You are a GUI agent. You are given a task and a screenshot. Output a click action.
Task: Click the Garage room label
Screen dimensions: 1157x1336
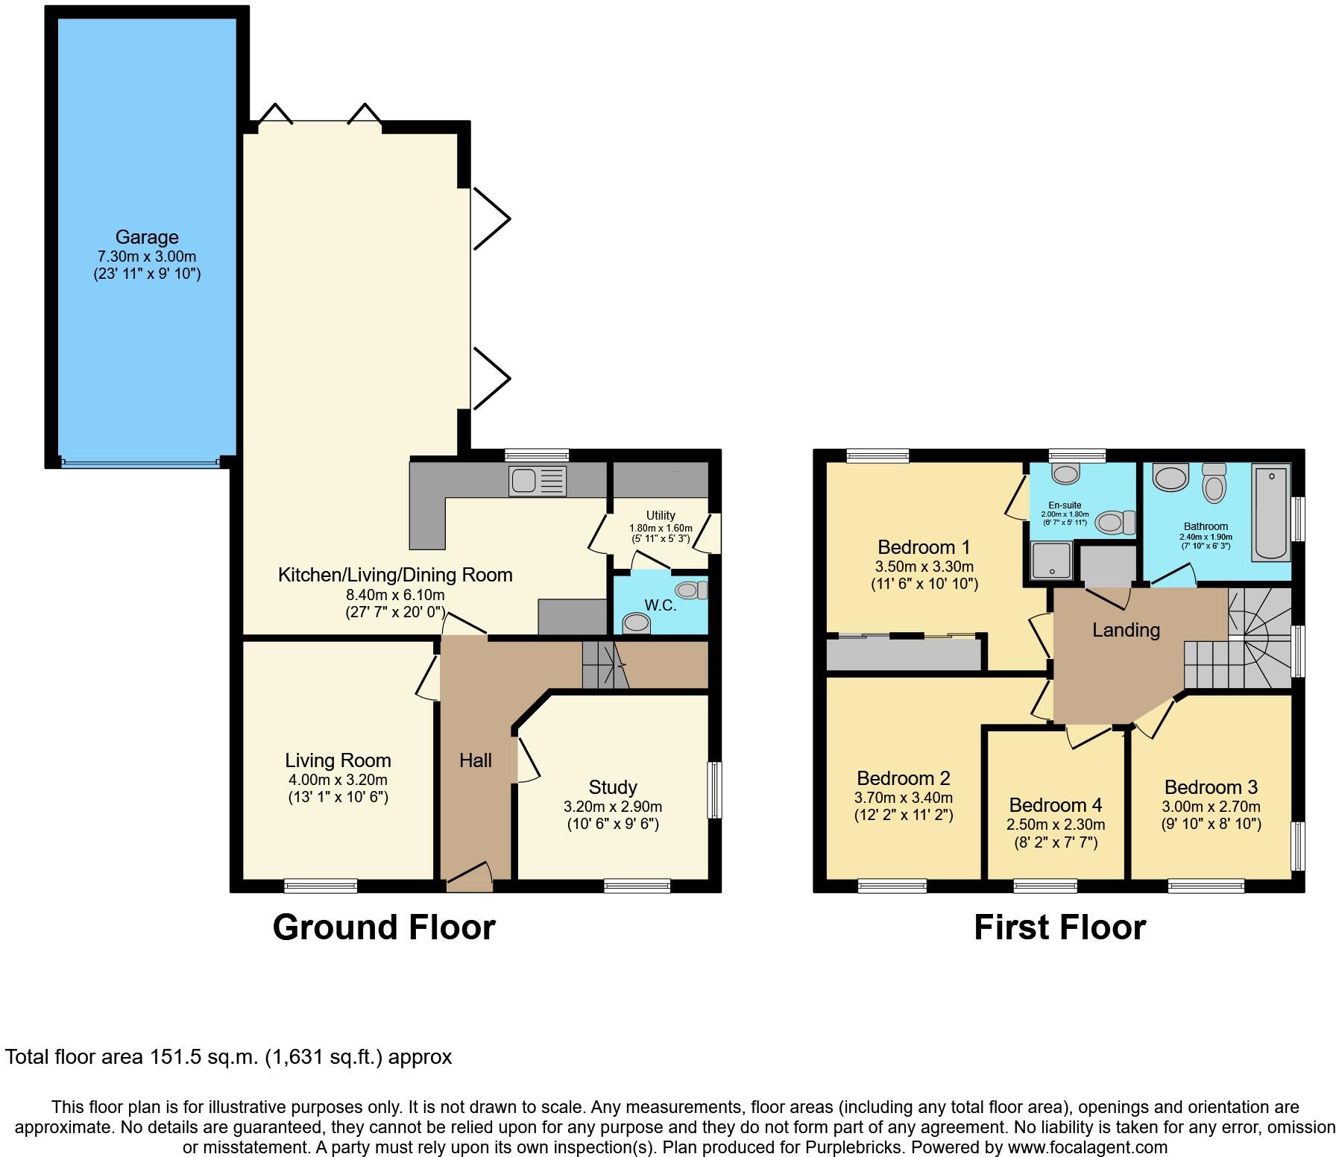point(147,237)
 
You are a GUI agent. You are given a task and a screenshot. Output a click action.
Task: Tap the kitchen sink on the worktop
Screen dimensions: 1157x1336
point(538,481)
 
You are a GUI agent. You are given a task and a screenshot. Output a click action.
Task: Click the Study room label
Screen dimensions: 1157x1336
point(612,787)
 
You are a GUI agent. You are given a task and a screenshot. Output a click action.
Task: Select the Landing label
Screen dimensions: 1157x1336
point(1126,630)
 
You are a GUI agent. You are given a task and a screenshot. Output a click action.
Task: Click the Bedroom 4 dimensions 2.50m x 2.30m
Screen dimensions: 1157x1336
point(1055,825)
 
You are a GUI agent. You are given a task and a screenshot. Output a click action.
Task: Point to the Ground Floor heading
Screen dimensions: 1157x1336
point(384,927)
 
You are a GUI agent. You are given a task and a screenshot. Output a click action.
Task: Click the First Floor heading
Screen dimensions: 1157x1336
point(1059,927)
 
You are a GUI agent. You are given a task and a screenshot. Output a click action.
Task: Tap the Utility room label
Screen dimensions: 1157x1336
point(661,515)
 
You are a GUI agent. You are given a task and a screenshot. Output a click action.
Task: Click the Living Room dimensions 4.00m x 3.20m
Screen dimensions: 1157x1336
point(338,780)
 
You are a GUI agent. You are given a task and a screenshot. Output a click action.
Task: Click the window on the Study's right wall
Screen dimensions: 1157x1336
point(714,790)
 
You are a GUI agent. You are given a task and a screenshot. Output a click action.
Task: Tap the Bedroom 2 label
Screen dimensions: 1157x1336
point(903,778)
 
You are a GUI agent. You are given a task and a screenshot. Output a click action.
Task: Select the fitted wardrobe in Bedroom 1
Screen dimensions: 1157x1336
point(904,655)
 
